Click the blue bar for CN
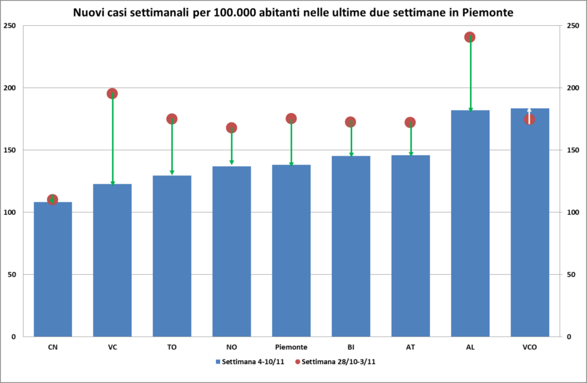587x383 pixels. pyautogui.click(x=53, y=269)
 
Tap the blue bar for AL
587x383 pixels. pyautogui.click(x=470, y=223)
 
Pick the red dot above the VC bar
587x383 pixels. pyautogui.click(x=112, y=94)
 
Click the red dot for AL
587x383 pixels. pyautogui.click(x=470, y=37)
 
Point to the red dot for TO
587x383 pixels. pyautogui.click(x=172, y=119)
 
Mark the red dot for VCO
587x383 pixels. pyautogui.click(x=530, y=119)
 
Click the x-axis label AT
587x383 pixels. pyautogui.click(x=410, y=347)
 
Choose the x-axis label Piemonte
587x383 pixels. pyautogui.click(x=291, y=347)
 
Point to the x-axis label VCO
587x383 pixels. pyautogui.click(x=530, y=347)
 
